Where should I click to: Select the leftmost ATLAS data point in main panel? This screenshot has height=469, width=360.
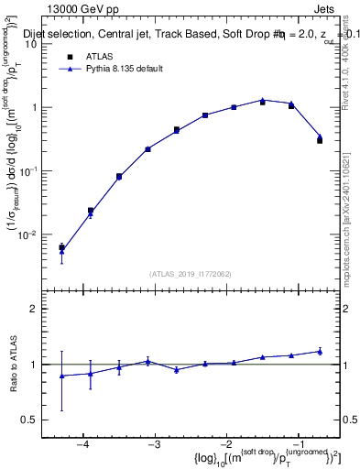point(61,247)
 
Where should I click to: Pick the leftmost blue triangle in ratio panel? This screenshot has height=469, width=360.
point(61,376)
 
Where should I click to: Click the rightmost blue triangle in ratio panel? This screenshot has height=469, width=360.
point(320,351)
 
